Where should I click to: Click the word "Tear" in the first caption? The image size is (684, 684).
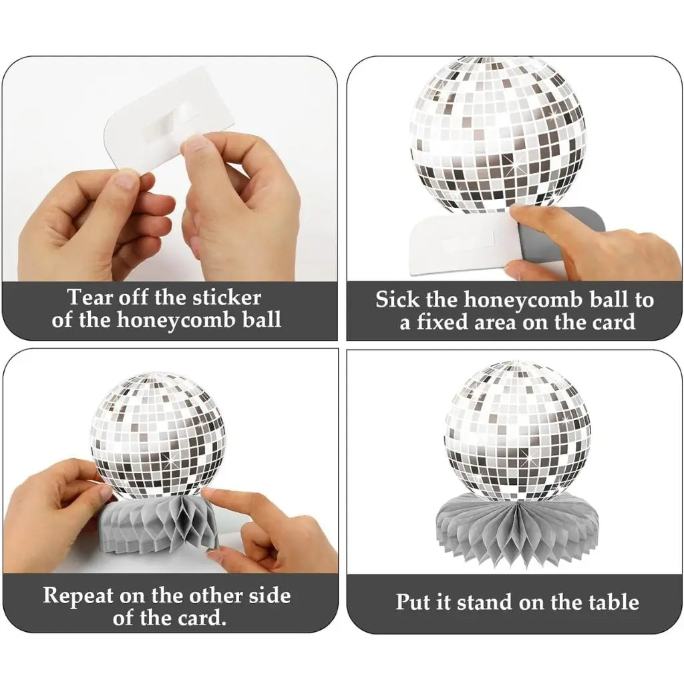(x=92, y=297)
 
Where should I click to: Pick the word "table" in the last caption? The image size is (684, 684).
(x=609, y=602)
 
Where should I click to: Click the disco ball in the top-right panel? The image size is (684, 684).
(x=497, y=134)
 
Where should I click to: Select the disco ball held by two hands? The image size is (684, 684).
(x=158, y=434)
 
